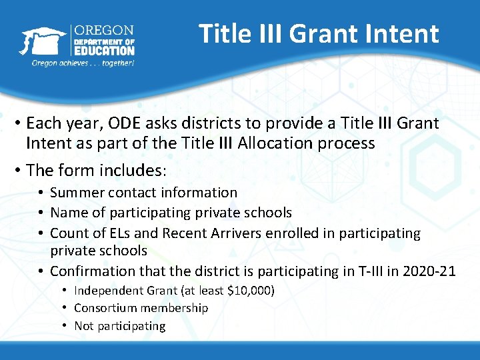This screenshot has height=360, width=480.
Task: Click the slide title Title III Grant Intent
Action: coord(319,33)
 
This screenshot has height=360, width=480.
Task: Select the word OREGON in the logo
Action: coord(103,31)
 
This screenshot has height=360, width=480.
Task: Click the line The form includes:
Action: coord(97,170)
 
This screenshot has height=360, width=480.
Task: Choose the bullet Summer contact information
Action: coord(143,193)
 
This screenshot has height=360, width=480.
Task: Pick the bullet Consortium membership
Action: coord(141,308)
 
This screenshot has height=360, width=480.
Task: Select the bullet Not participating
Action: coord(119,326)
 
